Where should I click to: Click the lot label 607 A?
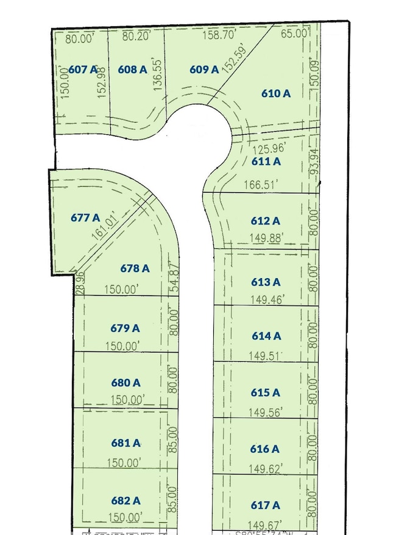83,70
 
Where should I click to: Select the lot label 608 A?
133,70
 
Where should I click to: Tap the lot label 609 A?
203,70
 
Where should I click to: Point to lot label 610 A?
276,93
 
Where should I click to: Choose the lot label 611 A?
266,162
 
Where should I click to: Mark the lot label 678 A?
135,268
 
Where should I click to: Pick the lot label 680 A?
126,383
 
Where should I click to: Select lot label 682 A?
126,501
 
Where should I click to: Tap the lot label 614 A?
266,336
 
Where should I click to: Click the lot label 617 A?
266,505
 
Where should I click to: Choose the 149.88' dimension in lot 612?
267,239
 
